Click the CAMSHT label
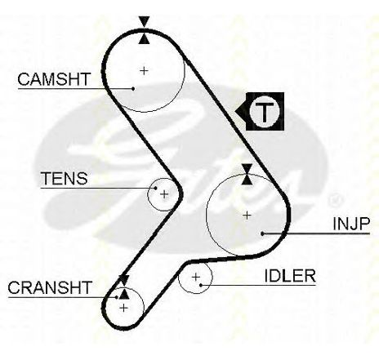pos(54,79)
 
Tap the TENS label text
pos(65,178)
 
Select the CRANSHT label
pos(50,287)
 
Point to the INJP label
pos(351,224)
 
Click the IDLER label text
pos(290,276)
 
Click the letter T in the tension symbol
pos(265,112)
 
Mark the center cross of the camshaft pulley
pos(144,71)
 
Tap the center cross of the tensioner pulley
pos(164,194)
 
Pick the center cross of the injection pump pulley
pos(247,216)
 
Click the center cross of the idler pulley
pos(196,277)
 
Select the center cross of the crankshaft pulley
pos(124,308)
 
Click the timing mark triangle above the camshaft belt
pos(144,21)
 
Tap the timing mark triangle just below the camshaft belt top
pos(144,38)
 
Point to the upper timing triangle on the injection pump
pos(247,169)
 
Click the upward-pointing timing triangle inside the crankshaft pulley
pos(124,294)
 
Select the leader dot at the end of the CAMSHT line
pos(133,88)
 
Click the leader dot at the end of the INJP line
pos(262,233)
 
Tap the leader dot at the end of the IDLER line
pos(201,285)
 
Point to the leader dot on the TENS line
pos(155,188)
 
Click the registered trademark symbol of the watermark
pos(335,200)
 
